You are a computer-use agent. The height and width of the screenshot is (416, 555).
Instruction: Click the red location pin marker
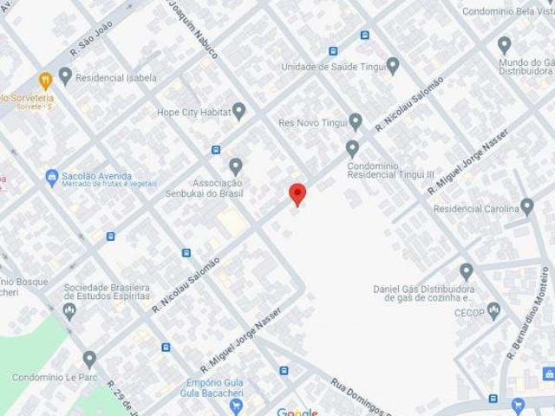coord(297,194)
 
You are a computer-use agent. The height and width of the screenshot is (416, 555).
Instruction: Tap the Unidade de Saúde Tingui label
coord(333,67)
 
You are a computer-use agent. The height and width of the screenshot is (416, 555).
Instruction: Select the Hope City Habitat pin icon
coord(239,111)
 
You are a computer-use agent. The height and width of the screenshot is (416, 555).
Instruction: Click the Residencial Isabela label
coord(115,77)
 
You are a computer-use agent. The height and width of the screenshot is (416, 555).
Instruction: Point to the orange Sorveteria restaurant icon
coord(45,80)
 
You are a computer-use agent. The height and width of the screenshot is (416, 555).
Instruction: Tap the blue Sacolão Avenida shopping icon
coord(51,176)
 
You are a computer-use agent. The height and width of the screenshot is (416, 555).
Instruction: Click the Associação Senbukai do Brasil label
coord(205,186)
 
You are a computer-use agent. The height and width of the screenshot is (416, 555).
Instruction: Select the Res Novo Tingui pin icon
coord(355,121)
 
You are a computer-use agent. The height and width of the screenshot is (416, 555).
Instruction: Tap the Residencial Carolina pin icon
coord(526,206)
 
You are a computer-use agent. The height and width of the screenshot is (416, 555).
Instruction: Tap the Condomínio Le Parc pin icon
coord(89,359)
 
